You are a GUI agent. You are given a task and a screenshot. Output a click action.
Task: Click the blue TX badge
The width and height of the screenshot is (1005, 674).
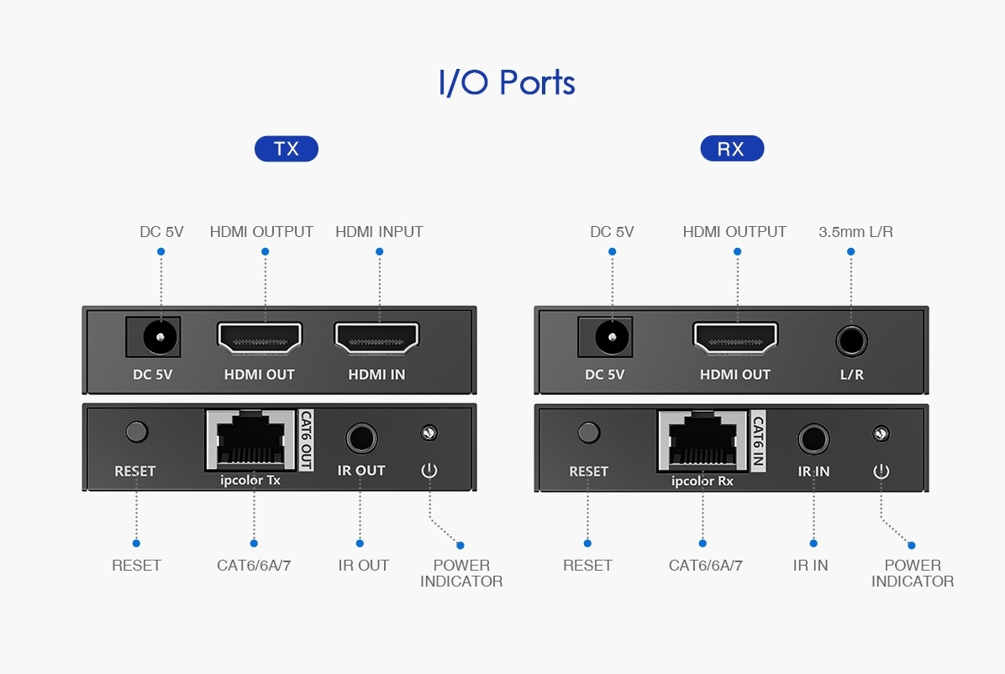(287, 149)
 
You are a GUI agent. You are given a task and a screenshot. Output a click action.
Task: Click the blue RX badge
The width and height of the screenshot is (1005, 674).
(731, 149)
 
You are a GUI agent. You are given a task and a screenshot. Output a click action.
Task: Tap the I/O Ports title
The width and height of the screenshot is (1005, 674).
(507, 83)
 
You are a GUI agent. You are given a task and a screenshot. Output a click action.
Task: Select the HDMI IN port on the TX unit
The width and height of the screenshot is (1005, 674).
(376, 339)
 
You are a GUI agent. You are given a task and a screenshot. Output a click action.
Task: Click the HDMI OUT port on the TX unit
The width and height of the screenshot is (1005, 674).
(260, 339)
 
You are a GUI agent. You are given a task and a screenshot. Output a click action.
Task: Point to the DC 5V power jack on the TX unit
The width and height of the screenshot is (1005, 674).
(154, 338)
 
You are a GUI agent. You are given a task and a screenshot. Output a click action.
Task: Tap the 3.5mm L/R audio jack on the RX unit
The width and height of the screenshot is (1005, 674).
(851, 341)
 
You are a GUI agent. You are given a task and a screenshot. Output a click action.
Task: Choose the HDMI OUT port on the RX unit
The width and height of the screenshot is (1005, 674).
(735, 340)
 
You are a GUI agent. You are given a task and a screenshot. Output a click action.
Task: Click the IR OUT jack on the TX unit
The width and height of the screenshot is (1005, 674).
(361, 439)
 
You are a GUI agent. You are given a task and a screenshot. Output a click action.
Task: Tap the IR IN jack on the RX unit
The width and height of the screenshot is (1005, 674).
(813, 439)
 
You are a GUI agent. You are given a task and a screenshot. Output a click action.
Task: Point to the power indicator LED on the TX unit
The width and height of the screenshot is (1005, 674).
(429, 433)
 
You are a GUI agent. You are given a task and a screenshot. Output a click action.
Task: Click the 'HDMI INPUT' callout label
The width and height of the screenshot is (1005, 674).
(379, 231)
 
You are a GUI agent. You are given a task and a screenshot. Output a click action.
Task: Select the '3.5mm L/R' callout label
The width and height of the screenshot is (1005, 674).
(855, 231)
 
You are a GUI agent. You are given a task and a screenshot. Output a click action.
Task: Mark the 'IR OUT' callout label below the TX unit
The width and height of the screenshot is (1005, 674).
(364, 566)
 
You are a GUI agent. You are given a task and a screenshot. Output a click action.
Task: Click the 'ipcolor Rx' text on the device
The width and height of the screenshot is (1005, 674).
(702, 482)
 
